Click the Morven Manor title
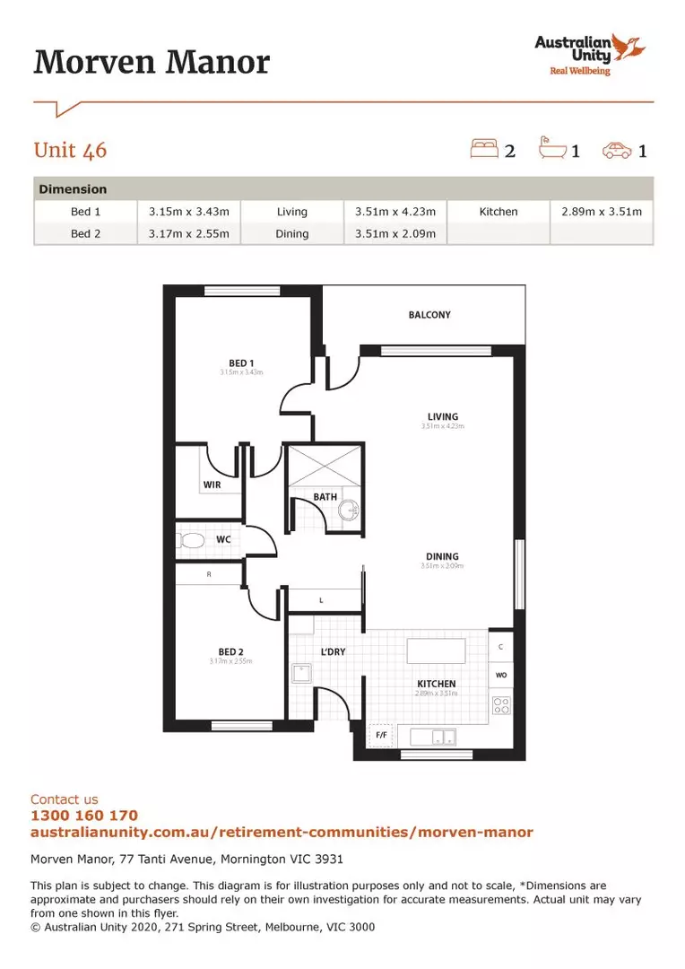[x=152, y=63]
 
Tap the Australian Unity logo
[x=586, y=54]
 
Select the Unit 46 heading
[x=70, y=150]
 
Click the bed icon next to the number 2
[x=484, y=148]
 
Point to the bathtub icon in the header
[x=552, y=148]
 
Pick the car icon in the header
[x=617, y=149]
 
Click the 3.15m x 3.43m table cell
[x=189, y=212]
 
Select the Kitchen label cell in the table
[x=498, y=212]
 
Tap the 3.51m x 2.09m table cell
[x=395, y=234]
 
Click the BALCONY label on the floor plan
[x=429, y=315]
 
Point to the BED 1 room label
[x=241, y=362]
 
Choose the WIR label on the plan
[x=212, y=484]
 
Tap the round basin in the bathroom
[x=349, y=511]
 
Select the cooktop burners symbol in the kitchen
[x=501, y=705]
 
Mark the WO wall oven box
[x=501, y=675]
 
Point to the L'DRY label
[x=334, y=651]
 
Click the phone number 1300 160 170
[x=84, y=816]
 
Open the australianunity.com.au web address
[x=282, y=833]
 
